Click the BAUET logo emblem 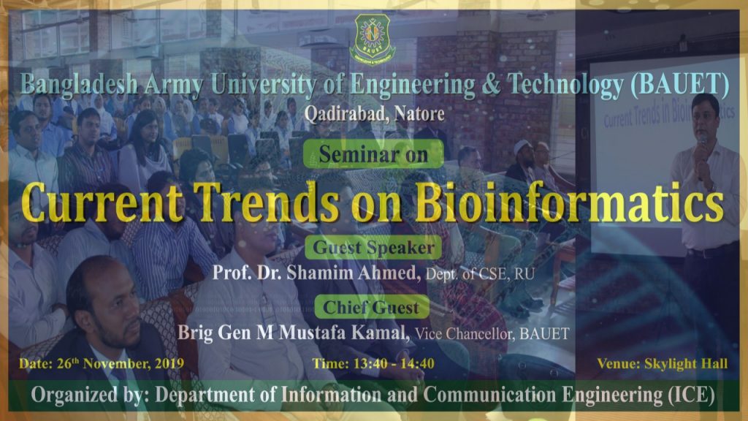click(372, 39)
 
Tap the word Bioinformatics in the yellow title click(570, 202)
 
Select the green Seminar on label click(373, 154)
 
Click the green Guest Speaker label click(373, 247)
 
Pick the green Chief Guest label click(371, 307)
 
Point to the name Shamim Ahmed click(354, 273)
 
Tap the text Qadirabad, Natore click(375, 113)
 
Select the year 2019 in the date click(169, 364)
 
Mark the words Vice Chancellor click(465, 333)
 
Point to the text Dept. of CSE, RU click(480, 275)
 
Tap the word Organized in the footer click(75, 395)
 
